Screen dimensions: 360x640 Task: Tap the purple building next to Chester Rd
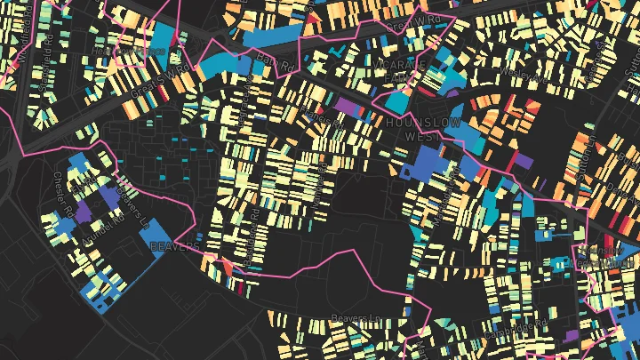84,212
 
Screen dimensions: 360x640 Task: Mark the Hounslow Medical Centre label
598,263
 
